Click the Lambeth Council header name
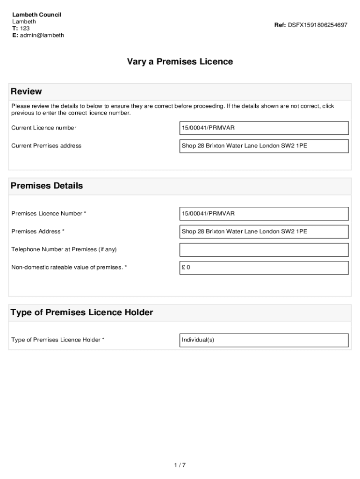click(x=36, y=15)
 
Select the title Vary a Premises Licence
click(x=180, y=62)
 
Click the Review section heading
click(x=26, y=91)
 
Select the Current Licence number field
click(x=264, y=128)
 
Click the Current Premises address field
click(x=264, y=145)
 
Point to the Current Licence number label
click(x=44, y=128)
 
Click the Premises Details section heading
click(x=47, y=186)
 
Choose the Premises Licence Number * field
click(x=264, y=213)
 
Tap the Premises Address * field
click(x=264, y=231)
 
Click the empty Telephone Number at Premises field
click(x=264, y=249)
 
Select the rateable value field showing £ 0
click(x=264, y=268)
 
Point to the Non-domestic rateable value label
click(x=69, y=268)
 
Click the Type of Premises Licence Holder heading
click(x=82, y=312)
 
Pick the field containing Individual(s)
click(x=264, y=340)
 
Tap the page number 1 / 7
click(x=180, y=465)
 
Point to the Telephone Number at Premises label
click(x=64, y=249)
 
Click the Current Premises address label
click(x=46, y=145)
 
